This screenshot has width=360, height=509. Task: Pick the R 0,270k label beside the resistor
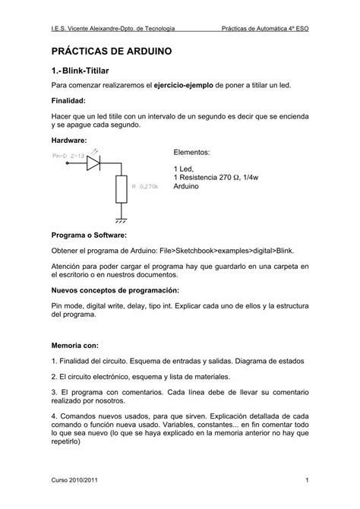pyautogui.click(x=146, y=186)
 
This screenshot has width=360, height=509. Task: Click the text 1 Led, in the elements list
pyautogui.click(x=185, y=168)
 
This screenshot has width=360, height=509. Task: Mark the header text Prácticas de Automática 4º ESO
pyautogui.click(x=266, y=27)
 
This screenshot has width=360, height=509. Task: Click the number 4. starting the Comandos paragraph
pyautogui.click(x=55, y=418)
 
